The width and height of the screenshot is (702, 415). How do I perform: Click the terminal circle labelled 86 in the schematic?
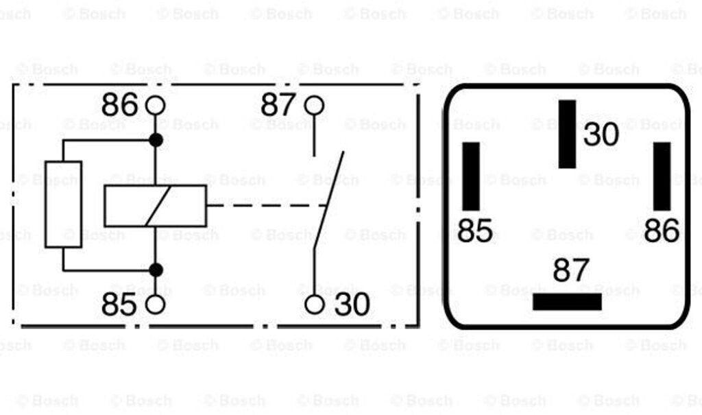pyautogui.click(x=156, y=105)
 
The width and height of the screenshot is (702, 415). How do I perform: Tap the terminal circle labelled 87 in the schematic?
pyautogui.click(x=314, y=105)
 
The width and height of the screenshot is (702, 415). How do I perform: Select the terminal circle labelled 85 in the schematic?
pyautogui.click(x=156, y=305)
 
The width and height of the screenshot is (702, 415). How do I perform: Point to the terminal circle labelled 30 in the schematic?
pyautogui.click(x=314, y=305)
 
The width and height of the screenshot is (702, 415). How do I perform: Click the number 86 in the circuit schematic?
pyautogui.click(x=119, y=106)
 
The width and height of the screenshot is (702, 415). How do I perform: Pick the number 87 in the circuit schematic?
pyautogui.click(x=278, y=106)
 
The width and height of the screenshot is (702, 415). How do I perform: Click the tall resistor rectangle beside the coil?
pyautogui.click(x=63, y=204)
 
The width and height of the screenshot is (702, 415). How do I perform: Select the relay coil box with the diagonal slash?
pyautogui.click(x=156, y=206)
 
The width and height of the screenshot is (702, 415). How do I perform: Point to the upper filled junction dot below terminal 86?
pyautogui.click(x=156, y=140)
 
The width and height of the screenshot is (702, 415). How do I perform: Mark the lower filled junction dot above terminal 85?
pyautogui.click(x=156, y=270)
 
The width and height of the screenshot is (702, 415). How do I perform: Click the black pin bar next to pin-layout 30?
pyautogui.click(x=567, y=134)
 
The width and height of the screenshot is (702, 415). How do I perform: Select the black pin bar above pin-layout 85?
pyautogui.click(x=471, y=176)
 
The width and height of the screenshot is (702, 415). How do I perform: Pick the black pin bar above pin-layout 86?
pyautogui.click(x=662, y=176)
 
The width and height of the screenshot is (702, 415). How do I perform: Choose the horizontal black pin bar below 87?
pyautogui.click(x=567, y=302)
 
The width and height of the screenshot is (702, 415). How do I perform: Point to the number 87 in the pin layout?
pyautogui.click(x=570, y=271)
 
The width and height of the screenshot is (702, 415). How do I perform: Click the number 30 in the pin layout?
pyautogui.click(x=601, y=134)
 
